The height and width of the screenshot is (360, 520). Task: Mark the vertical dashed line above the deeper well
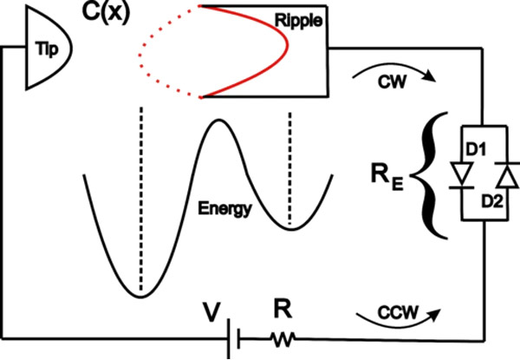[139, 182]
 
